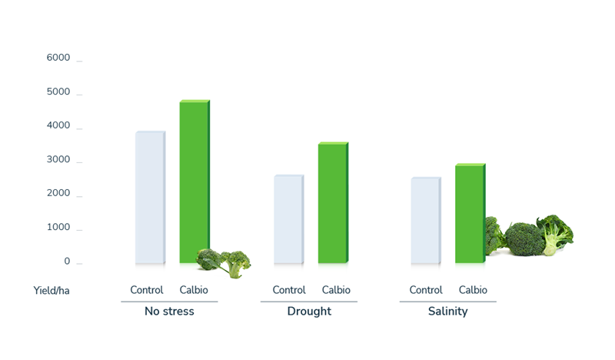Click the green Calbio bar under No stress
click(x=194, y=182)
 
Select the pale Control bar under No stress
click(x=150, y=197)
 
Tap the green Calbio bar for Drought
click(x=333, y=203)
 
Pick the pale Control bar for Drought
click(x=288, y=219)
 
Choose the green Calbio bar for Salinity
click(x=470, y=213)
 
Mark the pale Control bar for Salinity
click(x=425, y=221)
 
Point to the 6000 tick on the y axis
click(x=58, y=58)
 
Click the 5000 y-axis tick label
click(x=58, y=92)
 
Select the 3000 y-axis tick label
click(x=58, y=160)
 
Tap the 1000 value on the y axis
click(x=58, y=228)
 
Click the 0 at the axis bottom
click(x=66, y=262)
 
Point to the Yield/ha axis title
click(x=56, y=291)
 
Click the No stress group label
click(x=169, y=312)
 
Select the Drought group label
click(x=309, y=312)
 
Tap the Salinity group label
click(x=447, y=312)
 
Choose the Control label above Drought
click(x=289, y=290)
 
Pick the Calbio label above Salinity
click(x=473, y=290)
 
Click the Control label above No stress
click(x=147, y=290)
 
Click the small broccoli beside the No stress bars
click(x=224, y=262)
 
